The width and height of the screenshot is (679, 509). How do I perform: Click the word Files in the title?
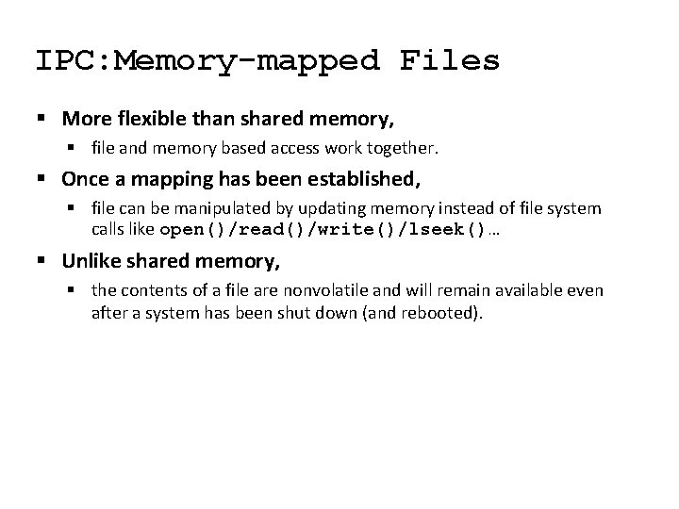450,60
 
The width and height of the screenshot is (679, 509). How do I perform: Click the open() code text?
192,229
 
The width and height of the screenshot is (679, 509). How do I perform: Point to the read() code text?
265,229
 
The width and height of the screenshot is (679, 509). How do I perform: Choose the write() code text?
343,229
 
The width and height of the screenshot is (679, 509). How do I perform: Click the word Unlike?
89,259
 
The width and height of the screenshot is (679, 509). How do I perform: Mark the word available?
538,289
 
